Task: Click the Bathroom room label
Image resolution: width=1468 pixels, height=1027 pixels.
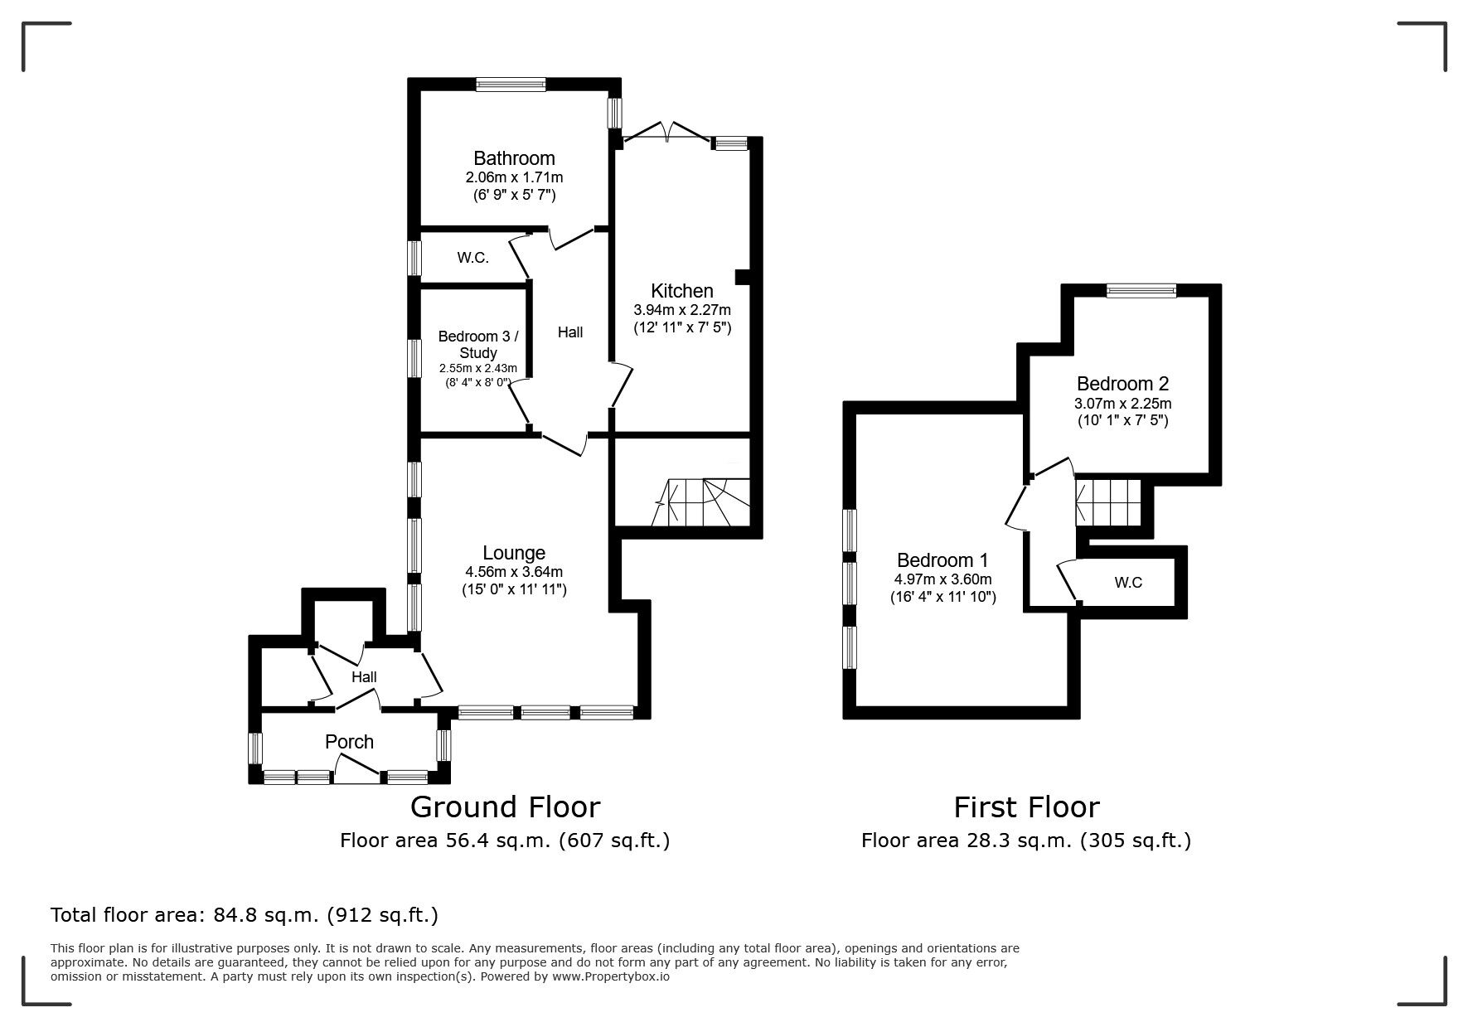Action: tap(514, 158)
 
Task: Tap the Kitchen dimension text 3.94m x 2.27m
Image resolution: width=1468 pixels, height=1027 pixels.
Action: tap(682, 310)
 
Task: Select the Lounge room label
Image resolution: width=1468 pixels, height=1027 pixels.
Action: tap(514, 553)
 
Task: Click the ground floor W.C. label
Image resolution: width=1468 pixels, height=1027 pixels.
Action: tap(472, 258)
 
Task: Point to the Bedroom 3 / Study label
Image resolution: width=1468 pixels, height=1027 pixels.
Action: tap(478, 344)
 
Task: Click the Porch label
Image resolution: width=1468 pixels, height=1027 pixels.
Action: tap(349, 742)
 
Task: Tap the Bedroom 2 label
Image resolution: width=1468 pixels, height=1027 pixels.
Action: tap(1122, 384)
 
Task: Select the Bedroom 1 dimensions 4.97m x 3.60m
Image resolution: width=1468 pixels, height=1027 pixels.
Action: tap(942, 579)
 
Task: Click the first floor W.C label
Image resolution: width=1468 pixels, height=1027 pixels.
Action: tap(1127, 583)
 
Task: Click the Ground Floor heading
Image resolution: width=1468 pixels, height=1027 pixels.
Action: tap(505, 807)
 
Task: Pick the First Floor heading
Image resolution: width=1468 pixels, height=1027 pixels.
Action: tap(1025, 807)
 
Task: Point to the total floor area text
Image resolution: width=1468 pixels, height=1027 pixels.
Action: tap(245, 915)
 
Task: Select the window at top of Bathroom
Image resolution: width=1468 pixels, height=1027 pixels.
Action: tap(511, 83)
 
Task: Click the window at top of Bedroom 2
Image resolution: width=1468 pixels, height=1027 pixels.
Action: tap(1141, 290)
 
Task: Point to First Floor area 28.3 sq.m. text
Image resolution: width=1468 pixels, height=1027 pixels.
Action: tap(1025, 840)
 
